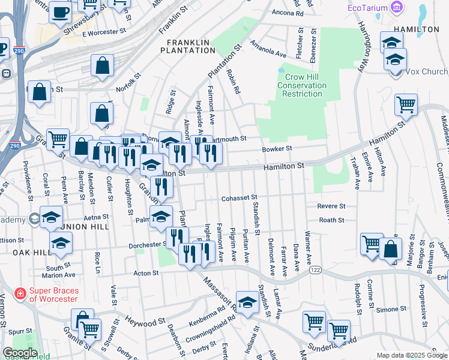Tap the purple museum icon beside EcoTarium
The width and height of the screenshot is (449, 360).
point(396,7)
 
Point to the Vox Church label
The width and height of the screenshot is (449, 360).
point(427,71)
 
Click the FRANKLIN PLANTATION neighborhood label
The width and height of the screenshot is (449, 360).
point(191,46)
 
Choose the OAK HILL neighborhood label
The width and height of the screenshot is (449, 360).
point(29,253)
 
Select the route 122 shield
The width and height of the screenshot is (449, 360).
point(315,271)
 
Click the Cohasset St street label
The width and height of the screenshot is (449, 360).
point(239,197)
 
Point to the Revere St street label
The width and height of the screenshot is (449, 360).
point(331,206)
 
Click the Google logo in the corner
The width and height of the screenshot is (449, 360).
point(20,353)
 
